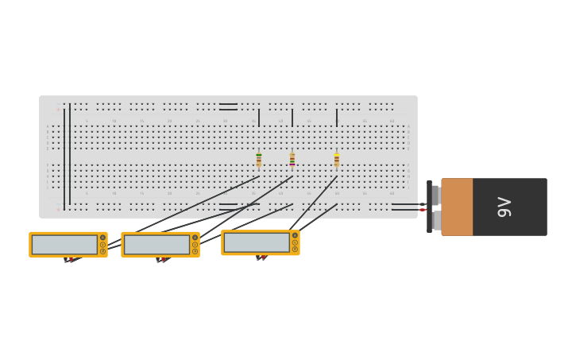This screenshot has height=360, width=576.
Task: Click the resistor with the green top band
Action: click(x=259, y=159)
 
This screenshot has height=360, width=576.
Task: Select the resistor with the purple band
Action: click(x=292, y=160)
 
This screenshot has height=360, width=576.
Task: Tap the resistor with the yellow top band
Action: click(x=337, y=160)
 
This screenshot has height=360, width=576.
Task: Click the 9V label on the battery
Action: click(x=504, y=207)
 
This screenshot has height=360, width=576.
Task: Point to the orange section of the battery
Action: click(x=457, y=207)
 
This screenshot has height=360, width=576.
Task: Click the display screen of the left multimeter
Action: click(x=64, y=245)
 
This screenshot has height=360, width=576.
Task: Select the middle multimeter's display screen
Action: click(x=157, y=245)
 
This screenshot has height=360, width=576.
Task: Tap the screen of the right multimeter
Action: click(x=257, y=242)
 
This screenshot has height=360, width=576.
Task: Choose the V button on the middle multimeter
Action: click(x=195, y=238)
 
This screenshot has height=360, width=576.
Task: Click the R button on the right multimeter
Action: click(x=295, y=242)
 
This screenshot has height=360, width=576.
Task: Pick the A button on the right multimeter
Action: click(x=295, y=249)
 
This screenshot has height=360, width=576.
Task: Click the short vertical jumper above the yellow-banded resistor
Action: click(x=337, y=118)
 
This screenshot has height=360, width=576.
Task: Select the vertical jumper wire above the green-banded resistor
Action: click(x=259, y=118)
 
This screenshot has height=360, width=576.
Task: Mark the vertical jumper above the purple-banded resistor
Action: click(x=292, y=118)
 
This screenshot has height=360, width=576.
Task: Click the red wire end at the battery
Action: click(x=423, y=210)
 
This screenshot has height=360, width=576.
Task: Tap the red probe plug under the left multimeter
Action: click(x=71, y=259)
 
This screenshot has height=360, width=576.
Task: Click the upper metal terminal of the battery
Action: click(x=435, y=195)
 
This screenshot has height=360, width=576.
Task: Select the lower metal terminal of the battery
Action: click(x=436, y=220)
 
